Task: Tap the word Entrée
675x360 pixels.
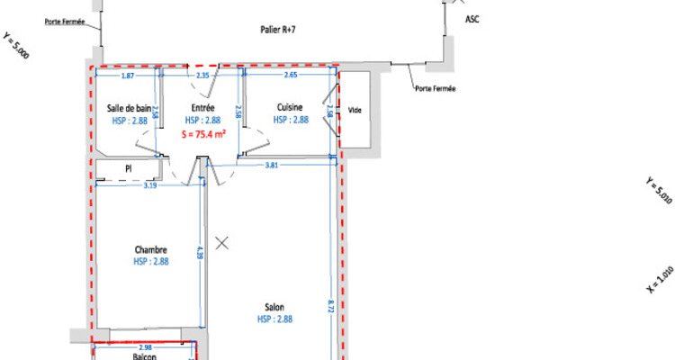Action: [x=202, y=108]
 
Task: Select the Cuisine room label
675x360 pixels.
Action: [x=291, y=108]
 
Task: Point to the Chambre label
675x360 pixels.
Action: [x=151, y=249]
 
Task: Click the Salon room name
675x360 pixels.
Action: [x=275, y=307]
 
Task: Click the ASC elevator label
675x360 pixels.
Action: [x=472, y=19]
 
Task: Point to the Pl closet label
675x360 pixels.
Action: [x=129, y=167]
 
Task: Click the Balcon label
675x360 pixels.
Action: [x=145, y=356]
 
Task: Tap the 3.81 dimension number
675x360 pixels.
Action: [x=271, y=166]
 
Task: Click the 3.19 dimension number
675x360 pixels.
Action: [x=150, y=186]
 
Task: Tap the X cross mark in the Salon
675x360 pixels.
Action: [x=222, y=242]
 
